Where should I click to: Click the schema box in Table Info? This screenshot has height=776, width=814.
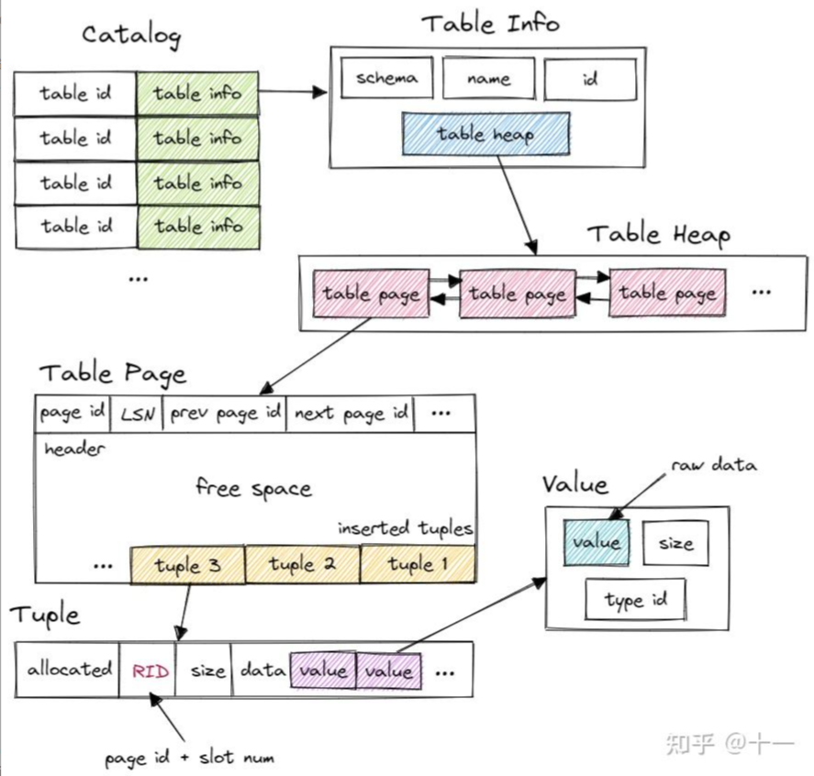click(386, 78)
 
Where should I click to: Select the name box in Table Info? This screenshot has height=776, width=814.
click(488, 78)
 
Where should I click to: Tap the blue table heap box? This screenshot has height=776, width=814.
click(485, 134)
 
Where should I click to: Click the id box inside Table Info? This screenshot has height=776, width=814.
click(590, 79)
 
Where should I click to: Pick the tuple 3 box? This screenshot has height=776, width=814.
click(187, 564)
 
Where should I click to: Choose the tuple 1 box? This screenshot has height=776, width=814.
click(418, 563)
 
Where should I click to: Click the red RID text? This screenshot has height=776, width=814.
click(151, 671)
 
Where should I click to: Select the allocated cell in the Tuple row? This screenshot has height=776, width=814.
click(68, 670)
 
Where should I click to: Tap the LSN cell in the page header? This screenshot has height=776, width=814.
click(137, 414)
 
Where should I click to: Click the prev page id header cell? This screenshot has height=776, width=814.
click(225, 414)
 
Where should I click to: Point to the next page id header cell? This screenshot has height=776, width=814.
click(351, 414)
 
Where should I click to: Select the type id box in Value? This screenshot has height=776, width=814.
click(635, 600)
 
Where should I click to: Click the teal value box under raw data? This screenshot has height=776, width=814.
click(597, 543)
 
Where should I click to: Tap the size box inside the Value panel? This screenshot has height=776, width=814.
click(676, 543)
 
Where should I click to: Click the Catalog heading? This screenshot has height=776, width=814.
click(131, 36)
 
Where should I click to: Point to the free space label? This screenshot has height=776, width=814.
click(254, 488)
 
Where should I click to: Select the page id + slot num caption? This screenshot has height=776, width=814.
click(189, 758)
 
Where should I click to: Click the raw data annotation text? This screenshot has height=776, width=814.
click(714, 465)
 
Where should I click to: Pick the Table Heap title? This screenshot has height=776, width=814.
click(659, 235)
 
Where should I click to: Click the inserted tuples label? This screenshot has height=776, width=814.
click(405, 528)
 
